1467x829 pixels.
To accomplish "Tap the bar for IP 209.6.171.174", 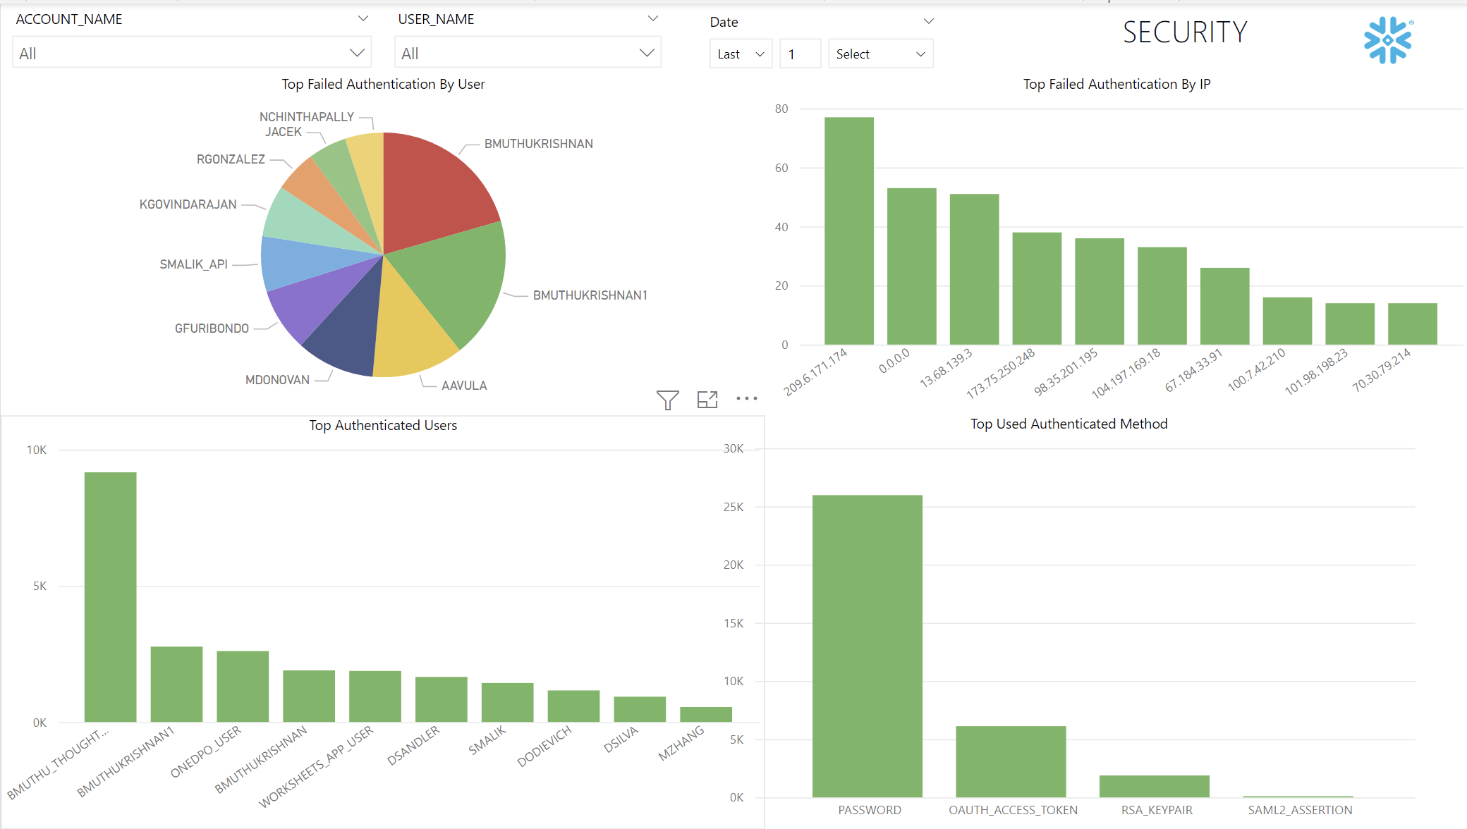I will [x=848, y=233].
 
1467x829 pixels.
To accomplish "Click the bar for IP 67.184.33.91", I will [x=1224, y=307].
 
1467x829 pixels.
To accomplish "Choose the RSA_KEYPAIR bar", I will [x=1154, y=786].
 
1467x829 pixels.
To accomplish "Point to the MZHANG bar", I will [x=705, y=714].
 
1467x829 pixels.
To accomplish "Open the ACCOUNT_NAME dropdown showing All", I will [x=191, y=53].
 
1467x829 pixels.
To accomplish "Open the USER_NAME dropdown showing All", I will [x=528, y=53].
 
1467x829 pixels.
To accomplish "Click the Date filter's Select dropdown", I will [x=879, y=54].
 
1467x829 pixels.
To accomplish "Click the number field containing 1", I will [x=799, y=54].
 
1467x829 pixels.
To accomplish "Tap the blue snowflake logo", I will [x=1387, y=40].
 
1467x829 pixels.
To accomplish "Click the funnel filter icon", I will [x=667, y=400].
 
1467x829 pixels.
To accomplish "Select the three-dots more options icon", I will [x=746, y=399].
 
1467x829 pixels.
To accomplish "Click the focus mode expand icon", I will [x=707, y=400].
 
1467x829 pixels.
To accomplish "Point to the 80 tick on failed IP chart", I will [x=781, y=109].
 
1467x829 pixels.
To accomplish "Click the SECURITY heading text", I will [x=1185, y=32].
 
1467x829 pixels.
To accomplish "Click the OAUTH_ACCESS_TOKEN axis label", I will [x=1013, y=810].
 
